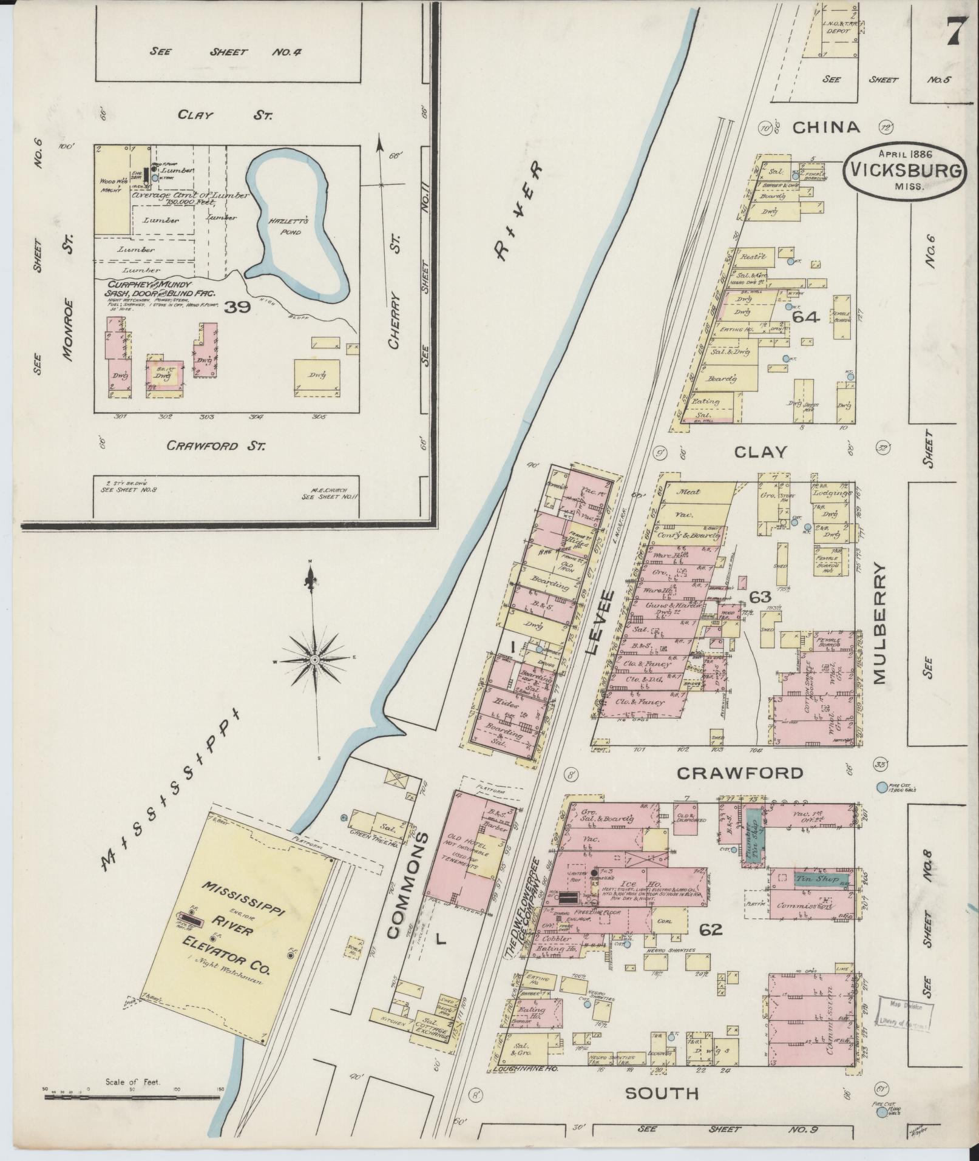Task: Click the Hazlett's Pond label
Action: (x=285, y=227)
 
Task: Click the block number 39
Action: (x=237, y=308)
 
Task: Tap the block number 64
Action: (x=806, y=317)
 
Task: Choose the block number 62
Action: (x=711, y=929)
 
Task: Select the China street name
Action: (x=827, y=127)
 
